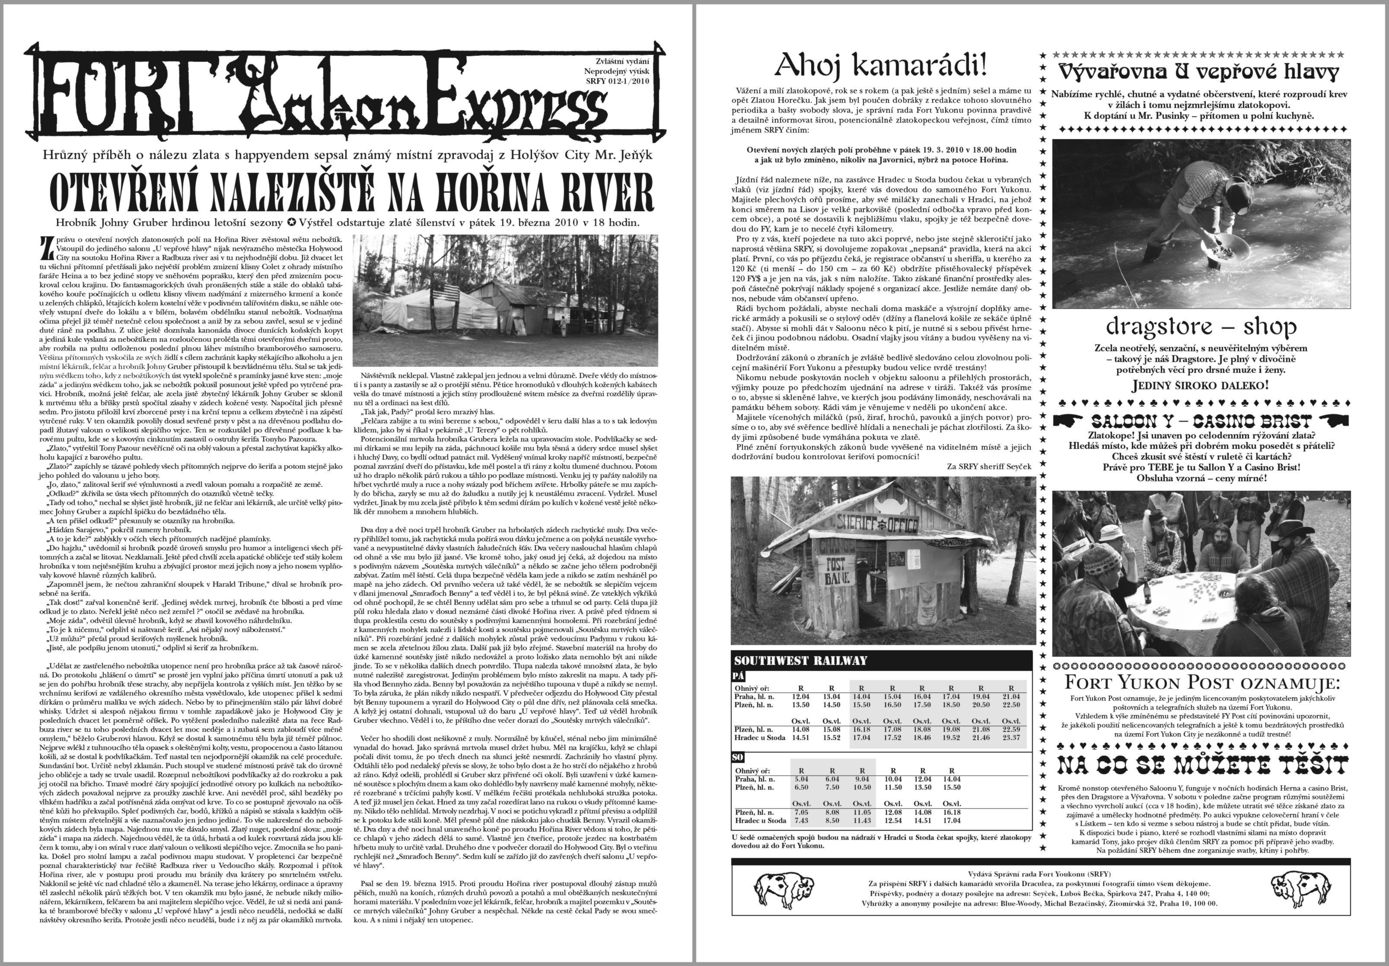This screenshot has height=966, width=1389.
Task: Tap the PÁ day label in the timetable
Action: tap(739, 676)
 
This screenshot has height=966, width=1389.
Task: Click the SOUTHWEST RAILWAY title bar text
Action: tap(800, 661)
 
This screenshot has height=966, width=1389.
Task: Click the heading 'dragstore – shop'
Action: tap(1201, 327)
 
